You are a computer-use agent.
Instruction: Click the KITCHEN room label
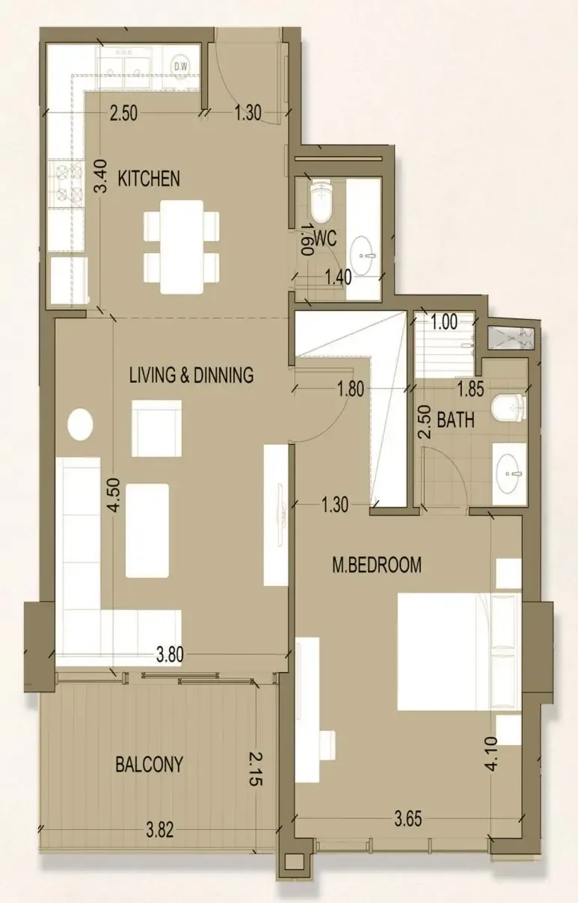[149, 179]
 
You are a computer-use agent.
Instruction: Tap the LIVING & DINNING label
[191, 375]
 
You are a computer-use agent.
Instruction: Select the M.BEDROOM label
[377, 565]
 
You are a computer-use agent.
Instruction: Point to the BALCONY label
[150, 764]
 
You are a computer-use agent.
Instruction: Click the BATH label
[456, 420]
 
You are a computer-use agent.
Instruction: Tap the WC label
[325, 238]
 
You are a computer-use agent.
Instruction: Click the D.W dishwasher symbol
[181, 67]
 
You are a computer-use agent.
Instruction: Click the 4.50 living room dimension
[114, 495]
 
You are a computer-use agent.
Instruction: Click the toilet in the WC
[322, 201]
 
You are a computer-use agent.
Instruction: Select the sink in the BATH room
[509, 474]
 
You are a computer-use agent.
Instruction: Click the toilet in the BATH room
[509, 408]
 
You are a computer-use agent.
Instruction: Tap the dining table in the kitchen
[182, 247]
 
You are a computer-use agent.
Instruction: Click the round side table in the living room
[80, 424]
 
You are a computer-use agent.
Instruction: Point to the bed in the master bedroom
[459, 651]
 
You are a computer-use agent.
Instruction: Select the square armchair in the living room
[156, 428]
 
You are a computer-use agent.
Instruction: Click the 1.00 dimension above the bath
[444, 321]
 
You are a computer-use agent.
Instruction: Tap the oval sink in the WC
[362, 256]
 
